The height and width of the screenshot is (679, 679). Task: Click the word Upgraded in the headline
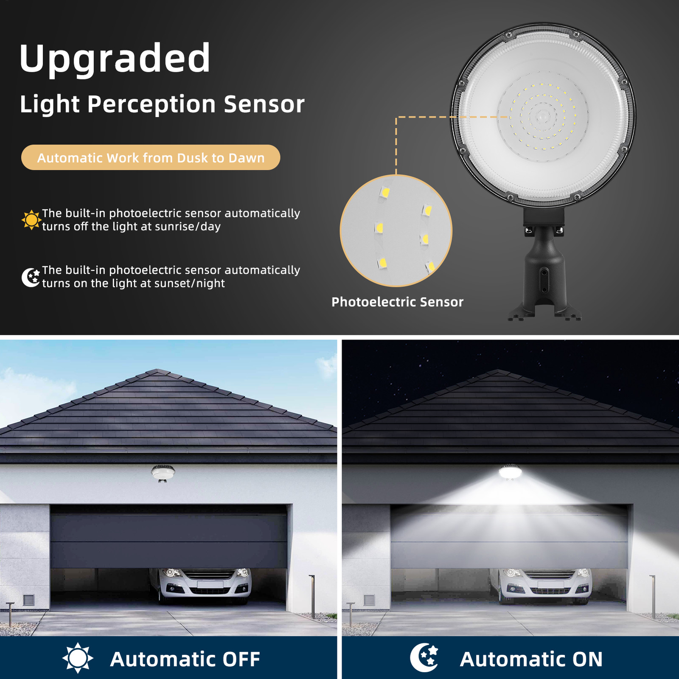tap(115, 59)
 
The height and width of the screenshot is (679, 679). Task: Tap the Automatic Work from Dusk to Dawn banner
tap(151, 158)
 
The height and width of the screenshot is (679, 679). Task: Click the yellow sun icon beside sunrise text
tap(31, 220)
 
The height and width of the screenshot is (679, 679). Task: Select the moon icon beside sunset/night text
tap(31, 277)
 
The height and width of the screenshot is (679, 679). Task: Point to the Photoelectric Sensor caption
tap(397, 302)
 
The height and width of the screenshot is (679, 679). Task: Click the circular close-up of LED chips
tap(396, 231)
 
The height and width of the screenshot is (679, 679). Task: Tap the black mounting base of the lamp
tap(544, 276)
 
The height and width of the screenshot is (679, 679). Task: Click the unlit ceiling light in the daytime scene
tap(163, 473)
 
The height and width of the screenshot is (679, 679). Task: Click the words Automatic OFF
tap(185, 659)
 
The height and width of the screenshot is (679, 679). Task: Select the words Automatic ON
tap(531, 659)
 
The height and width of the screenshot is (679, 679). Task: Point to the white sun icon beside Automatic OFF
tap(78, 658)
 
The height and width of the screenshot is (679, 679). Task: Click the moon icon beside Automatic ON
tap(424, 658)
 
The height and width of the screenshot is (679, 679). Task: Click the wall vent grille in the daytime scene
tap(28, 600)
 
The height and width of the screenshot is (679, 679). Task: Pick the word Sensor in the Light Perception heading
tap(264, 104)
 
